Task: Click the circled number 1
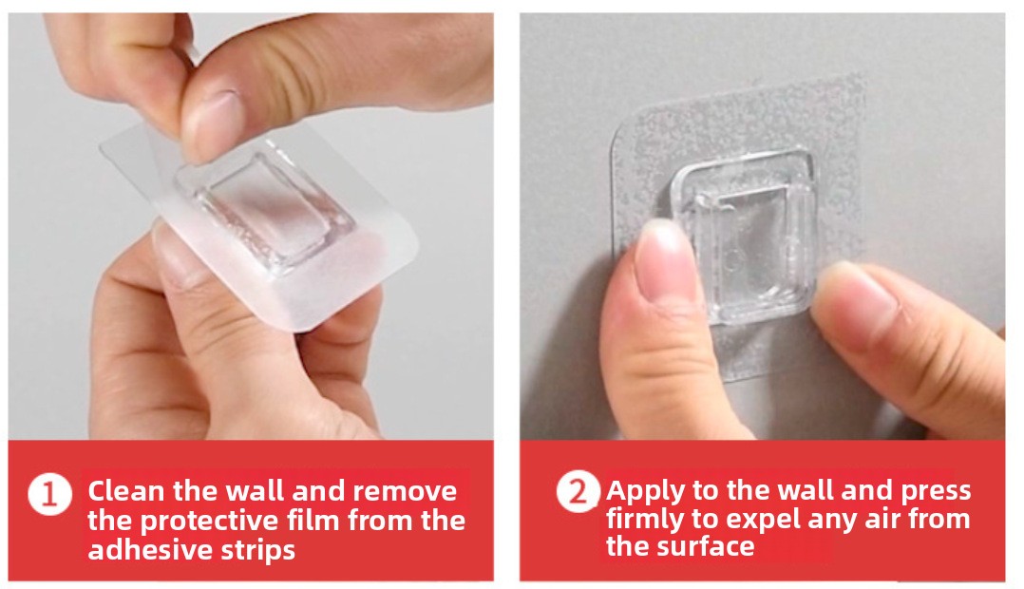[49, 494]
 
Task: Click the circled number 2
[578, 491]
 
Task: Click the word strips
[254, 551]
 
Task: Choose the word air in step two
[885, 519]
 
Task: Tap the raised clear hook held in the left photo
[264, 209]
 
